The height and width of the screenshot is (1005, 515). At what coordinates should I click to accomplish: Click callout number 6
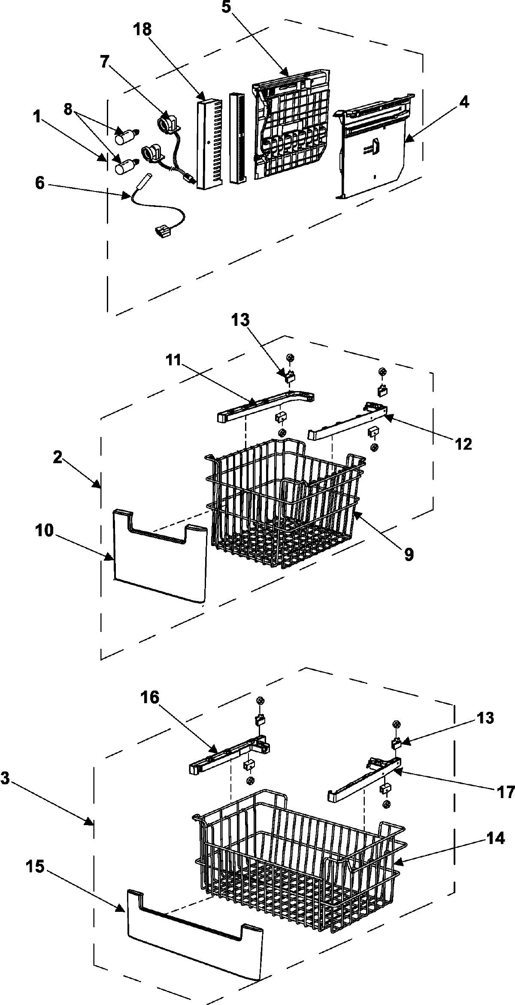(39, 183)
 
